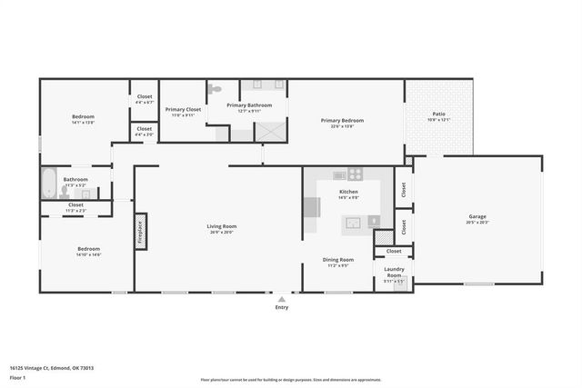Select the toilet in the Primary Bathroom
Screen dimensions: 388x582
(x=215, y=90)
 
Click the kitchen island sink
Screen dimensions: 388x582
(x=352, y=222)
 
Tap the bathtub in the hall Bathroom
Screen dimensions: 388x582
(x=49, y=183)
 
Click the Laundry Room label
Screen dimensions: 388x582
(x=394, y=272)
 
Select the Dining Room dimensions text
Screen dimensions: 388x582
(x=338, y=266)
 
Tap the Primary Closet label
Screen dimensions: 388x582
(x=182, y=110)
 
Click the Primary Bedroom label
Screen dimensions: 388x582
(x=342, y=120)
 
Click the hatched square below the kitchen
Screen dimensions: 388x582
(x=384, y=237)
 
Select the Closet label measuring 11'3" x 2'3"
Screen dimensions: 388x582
(x=75, y=205)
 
